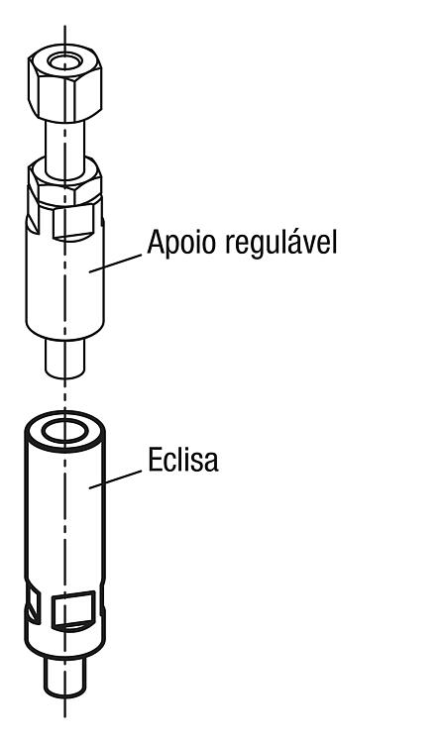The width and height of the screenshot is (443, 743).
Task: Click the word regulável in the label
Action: click(280, 243)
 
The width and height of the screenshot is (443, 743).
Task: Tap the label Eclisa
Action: click(183, 459)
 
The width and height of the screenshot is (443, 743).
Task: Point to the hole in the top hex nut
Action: click(64, 61)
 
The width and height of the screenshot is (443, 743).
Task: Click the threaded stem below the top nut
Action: click(65, 146)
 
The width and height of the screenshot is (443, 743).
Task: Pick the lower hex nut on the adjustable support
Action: click(64, 182)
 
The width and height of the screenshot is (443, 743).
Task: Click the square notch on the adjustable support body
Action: click(71, 223)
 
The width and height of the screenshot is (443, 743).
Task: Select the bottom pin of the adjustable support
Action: click(65, 359)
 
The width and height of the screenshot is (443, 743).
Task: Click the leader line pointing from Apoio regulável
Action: click(115, 264)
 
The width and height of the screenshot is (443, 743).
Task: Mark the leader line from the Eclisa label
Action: click(115, 479)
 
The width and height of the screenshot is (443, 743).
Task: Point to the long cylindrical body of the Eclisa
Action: click(64, 512)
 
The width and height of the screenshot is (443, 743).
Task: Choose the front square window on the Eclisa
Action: click(73, 610)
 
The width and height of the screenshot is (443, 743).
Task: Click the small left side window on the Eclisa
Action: click(34, 605)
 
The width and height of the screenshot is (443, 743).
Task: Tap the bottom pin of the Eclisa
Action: click(65, 678)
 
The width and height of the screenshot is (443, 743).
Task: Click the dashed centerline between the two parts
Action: click(64, 394)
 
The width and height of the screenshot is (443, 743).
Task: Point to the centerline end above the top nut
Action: click(64, 26)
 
